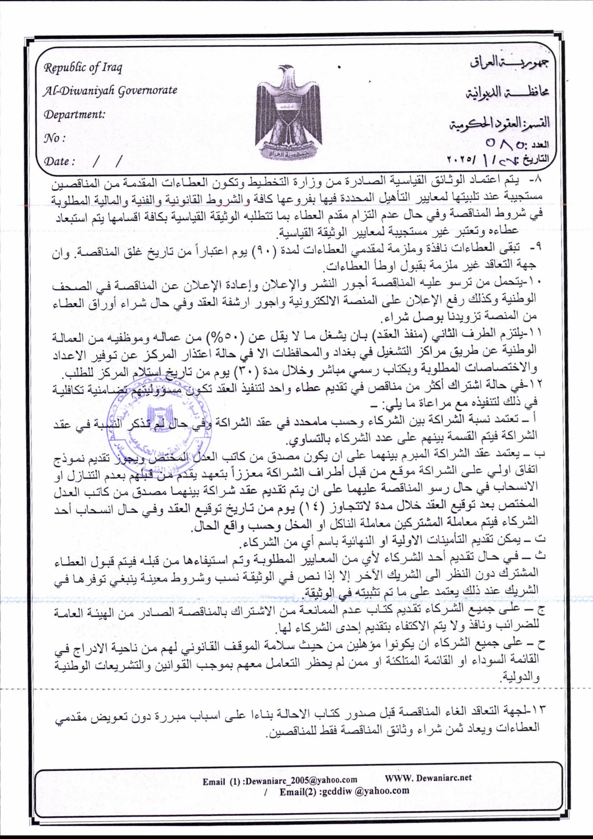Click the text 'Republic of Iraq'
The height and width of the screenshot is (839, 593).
[83, 67]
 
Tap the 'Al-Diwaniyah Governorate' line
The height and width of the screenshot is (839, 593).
[110, 90]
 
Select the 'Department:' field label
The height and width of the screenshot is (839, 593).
[74, 115]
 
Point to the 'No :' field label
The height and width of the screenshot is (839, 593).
[54, 138]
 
